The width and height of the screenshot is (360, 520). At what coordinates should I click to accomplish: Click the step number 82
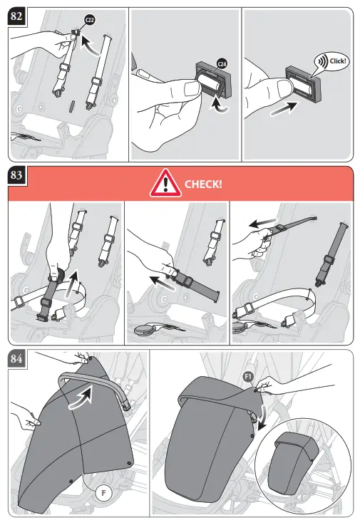(x=16, y=16)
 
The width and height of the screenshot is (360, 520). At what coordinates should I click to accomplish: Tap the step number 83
(x=16, y=175)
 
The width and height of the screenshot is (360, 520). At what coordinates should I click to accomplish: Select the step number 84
(x=16, y=358)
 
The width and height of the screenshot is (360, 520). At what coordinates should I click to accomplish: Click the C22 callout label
(x=90, y=20)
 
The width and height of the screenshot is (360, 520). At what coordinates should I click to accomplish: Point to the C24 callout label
(x=222, y=63)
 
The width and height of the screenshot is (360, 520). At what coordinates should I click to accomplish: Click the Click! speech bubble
(x=331, y=61)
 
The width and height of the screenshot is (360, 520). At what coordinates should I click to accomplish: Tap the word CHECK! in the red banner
(x=203, y=184)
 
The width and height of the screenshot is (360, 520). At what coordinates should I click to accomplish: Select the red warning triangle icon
(x=165, y=183)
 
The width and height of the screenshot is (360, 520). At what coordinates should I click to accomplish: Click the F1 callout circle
(x=249, y=376)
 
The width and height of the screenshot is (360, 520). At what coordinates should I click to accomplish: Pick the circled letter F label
(x=103, y=493)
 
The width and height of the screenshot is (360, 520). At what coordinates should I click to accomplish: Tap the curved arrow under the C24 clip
(x=218, y=104)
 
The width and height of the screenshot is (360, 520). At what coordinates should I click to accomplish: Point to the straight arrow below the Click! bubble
(x=284, y=109)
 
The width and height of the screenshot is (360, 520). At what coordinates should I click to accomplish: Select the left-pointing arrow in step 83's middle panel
(x=163, y=283)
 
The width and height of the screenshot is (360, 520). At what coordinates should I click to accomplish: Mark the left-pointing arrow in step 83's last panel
(x=263, y=222)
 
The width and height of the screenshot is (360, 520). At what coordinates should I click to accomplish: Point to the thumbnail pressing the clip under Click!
(x=284, y=89)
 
